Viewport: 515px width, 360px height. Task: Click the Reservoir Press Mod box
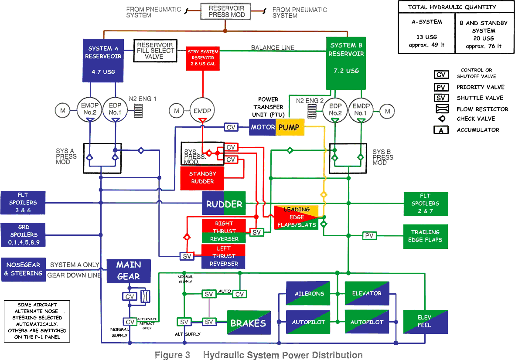point(226,11)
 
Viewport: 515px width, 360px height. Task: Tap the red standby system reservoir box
point(203,58)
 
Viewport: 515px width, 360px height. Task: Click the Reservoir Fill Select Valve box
point(154,51)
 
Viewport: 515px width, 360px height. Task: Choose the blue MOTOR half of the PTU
point(263,127)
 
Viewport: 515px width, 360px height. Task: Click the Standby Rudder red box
point(202,178)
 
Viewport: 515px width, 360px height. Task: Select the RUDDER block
point(224,204)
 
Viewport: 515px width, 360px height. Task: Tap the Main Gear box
point(129,271)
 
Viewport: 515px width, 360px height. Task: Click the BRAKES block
point(248,323)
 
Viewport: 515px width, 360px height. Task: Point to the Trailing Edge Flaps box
point(425,236)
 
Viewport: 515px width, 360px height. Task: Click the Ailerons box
point(308,293)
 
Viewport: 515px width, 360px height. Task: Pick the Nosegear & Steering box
point(24,269)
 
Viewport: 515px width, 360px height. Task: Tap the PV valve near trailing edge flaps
point(370,236)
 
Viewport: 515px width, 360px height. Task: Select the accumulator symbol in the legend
point(441,130)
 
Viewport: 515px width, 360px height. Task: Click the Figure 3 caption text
point(259,355)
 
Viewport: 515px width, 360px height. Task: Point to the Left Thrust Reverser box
point(223,256)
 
